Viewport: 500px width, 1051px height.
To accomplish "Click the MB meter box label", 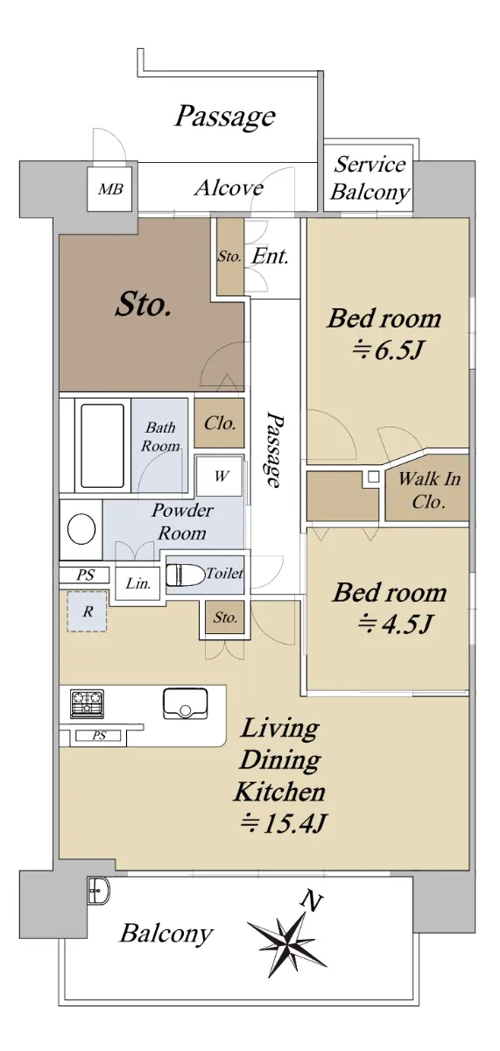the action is [111, 188].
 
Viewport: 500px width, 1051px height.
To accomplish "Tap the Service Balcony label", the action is [370, 179].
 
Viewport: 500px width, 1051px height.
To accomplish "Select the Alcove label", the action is [229, 187].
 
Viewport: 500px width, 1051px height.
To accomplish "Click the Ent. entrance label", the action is [270, 256].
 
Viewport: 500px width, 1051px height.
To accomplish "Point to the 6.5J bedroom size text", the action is [389, 349].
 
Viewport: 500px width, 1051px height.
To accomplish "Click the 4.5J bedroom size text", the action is [394, 624].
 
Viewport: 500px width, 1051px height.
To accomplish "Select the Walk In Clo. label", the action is [429, 490].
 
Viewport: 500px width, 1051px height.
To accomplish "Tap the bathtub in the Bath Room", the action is [102, 445].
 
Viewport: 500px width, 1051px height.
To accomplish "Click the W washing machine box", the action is [220, 476].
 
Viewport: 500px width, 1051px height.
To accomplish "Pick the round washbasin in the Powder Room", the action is [81, 529].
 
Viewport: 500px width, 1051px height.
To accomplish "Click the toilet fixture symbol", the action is [186, 574].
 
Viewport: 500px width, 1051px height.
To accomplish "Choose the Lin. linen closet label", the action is [137, 583].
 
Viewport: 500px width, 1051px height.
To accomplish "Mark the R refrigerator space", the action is [88, 611].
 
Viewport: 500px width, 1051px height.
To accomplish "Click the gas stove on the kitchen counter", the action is [88, 704].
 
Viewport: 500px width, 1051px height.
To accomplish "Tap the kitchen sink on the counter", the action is [186, 704].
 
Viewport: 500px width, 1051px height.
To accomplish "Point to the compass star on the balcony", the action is [287, 942].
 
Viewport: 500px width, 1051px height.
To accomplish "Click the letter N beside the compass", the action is [312, 900].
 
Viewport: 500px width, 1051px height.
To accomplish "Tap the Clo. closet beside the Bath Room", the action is [220, 423].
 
